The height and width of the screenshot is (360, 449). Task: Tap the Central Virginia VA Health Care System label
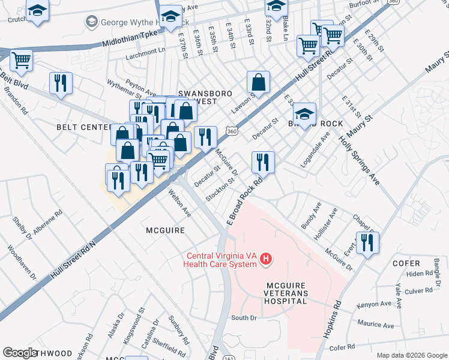click(221, 259)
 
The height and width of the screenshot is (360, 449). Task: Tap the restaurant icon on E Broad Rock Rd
click(263, 161)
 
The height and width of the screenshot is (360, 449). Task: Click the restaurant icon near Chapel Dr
click(367, 242)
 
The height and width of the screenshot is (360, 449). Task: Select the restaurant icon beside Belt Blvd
click(61, 83)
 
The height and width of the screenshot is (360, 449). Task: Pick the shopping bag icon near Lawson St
click(258, 82)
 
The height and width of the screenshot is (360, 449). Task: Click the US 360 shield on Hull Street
click(232, 130)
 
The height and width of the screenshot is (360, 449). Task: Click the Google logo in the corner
click(20, 352)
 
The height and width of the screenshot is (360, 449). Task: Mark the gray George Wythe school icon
click(92, 22)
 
